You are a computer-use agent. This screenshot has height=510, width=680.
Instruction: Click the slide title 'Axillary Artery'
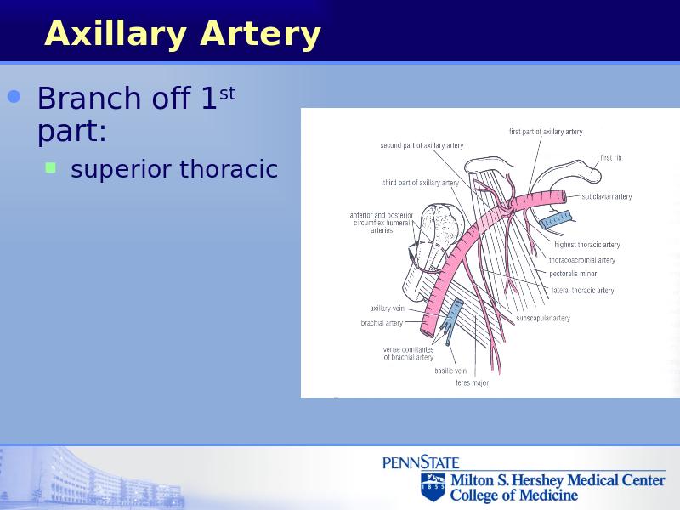[183, 34]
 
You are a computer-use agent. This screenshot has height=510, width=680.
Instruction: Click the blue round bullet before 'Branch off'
[14, 96]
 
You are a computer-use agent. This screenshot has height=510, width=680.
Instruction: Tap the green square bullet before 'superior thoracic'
[51, 167]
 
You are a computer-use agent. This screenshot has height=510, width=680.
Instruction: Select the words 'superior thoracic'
[174, 168]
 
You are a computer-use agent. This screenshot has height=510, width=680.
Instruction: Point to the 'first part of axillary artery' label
[546, 132]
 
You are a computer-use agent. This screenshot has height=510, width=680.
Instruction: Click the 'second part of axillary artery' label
[422, 145]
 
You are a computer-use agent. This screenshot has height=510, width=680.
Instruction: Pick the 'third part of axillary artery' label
[421, 183]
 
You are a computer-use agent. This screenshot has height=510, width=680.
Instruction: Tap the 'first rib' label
[610, 158]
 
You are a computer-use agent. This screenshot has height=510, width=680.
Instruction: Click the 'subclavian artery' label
[607, 196]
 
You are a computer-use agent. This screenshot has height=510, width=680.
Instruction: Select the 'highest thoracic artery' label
[587, 245]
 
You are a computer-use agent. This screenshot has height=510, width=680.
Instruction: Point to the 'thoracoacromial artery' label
[582, 260]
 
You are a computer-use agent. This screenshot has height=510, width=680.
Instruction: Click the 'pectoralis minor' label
[573, 274]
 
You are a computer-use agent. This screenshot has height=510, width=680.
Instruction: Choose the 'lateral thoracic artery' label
[583, 290]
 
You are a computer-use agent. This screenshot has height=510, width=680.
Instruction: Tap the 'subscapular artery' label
[543, 318]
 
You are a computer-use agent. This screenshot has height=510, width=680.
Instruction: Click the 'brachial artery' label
[382, 323]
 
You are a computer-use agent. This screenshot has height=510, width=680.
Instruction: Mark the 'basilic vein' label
[450, 371]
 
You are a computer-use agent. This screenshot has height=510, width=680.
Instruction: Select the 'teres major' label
[472, 383]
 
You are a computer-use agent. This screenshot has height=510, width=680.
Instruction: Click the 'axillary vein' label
[387, 309]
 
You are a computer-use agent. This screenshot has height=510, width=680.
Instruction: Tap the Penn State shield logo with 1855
[433, 486]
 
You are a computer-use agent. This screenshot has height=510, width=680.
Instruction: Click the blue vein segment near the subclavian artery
[555, 219]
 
